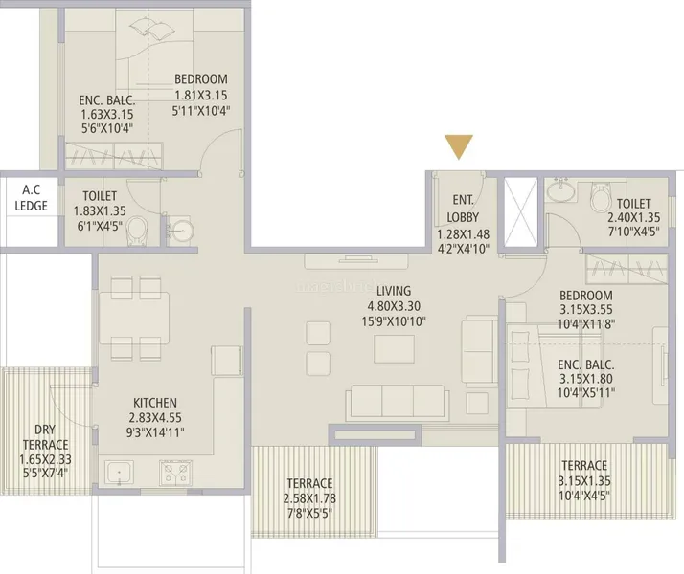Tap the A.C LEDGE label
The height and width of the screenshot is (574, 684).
click(x=31, y=198)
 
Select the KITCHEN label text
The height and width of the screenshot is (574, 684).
click(x=155, y=403)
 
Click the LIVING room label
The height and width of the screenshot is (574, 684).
click(x=394, y=291)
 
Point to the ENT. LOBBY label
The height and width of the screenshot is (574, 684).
click(x=463, y=209)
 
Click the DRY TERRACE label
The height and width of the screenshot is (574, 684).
click(x=45, y=437)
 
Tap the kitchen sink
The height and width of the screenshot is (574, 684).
click(x=119, y=473)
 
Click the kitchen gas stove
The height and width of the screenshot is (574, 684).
click(x=175, y=473)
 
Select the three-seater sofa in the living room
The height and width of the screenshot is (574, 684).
click(x=398, y=402)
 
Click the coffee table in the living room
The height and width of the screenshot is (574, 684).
click(x=394, y=349)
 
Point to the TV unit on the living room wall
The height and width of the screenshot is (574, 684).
click(x=356, y=261)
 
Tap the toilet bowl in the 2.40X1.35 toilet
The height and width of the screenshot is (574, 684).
click(x=602, y=197)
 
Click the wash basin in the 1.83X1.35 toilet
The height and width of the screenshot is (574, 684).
click(x=181, y=230)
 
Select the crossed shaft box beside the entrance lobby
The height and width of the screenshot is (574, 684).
click(x=520, y=212)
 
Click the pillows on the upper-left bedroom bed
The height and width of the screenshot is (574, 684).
click(x=151, y=29)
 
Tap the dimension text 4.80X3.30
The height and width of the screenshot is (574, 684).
click(x=394, y=306)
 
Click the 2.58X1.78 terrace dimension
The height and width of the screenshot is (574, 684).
click(x=309, y=498)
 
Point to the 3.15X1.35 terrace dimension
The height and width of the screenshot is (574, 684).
click(x=584, y=481)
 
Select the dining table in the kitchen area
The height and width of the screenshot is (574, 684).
click(x=134, y=318)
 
